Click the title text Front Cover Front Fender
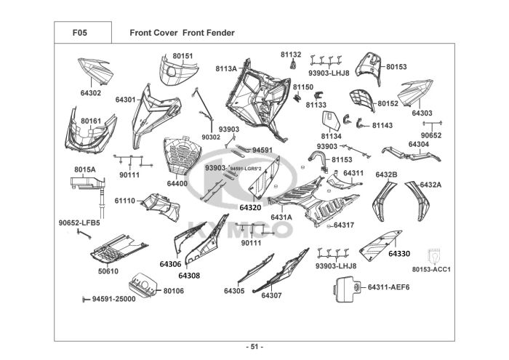182,33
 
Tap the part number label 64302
91,93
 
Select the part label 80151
183,56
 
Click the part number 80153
396,67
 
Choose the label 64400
177,183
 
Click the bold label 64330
398,254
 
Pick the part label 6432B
386,175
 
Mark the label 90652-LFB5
79,223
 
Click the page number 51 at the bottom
254,345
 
